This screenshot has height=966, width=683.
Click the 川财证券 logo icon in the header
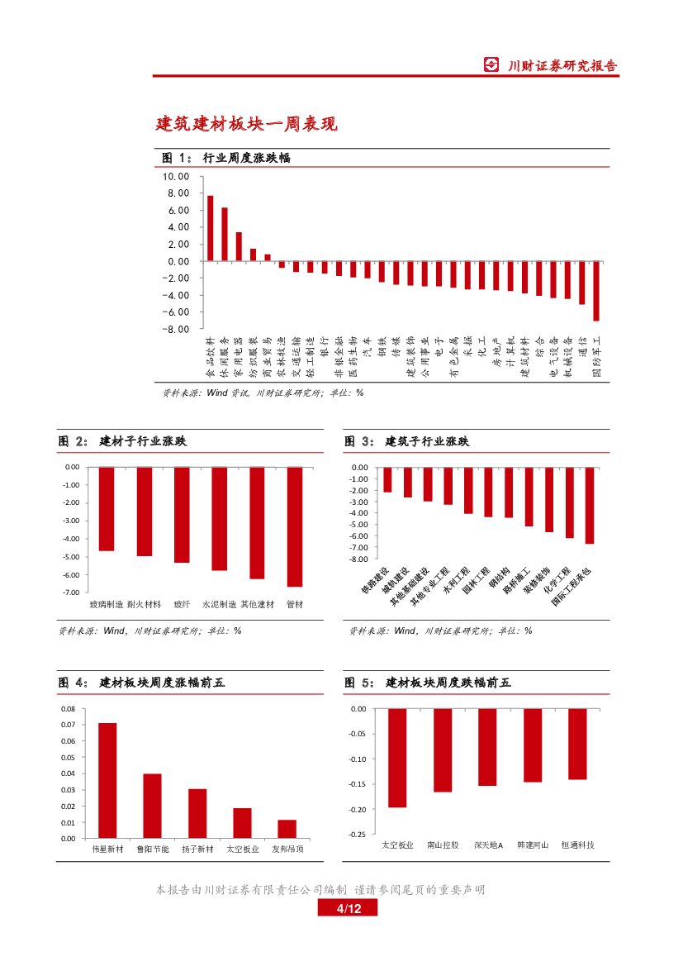pyautogui.click(x=491, y=66)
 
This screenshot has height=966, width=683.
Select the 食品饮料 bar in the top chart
pyautogui.click(x=210, y=228)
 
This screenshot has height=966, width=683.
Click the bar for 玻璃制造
pyautogui.click(x=106, y=508)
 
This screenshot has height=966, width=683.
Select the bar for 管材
pyautogui.click(x=294, y=526)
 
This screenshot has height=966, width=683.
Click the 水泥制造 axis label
pyautogui.click(x=219, y=605)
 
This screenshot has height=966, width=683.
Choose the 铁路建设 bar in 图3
pyautogui.click(x=387, y=479)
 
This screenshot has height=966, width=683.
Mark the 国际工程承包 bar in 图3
pyautogui.click(x=590, y=505)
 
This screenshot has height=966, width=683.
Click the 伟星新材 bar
pyautogui.click(x=107, y=781)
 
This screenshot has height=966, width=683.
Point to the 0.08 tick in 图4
pyautogui.click(x=68, y=709)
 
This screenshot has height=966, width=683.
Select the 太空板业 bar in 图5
pyautogui.click(x=397, y=758)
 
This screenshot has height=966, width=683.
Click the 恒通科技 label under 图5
pyautogui.click(x=577, y=845)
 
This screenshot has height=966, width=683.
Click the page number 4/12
pyautogui.click(x=349, y=909)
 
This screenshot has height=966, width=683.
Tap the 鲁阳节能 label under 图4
pyautogui.click(x=153, y=849)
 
